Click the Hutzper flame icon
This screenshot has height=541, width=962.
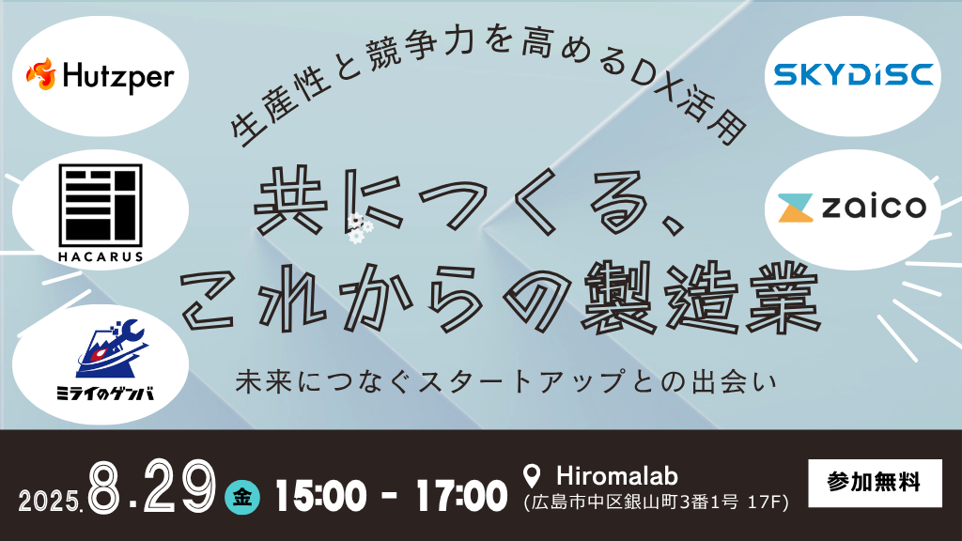coord(40,74)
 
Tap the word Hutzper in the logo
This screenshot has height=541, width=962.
coord(118,78)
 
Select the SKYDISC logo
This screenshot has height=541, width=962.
coord(853,75)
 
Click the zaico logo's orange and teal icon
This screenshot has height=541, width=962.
coord(795,208)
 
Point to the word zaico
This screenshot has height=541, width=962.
coord(874,207)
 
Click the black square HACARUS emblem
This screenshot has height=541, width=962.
coord(101,205)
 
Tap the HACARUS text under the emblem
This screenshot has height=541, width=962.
coord(101,257)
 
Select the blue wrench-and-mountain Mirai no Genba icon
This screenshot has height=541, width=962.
coord(111,348)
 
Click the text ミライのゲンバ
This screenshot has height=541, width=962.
coord(105,394)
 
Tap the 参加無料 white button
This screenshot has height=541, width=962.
coord(875,483)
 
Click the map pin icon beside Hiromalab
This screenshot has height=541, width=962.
coord(532,476)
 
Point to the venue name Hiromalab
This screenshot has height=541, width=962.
coord(616,476)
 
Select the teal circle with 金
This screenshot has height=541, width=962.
coord(242,497)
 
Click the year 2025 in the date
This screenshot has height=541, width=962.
coord(50,502)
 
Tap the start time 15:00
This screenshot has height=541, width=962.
coord(321,496)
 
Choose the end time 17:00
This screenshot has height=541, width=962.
coord(461,496)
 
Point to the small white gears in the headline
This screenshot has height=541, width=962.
coord(359,228)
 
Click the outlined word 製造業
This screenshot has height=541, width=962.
coord(699,298)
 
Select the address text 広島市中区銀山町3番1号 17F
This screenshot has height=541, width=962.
coord(656,502)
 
